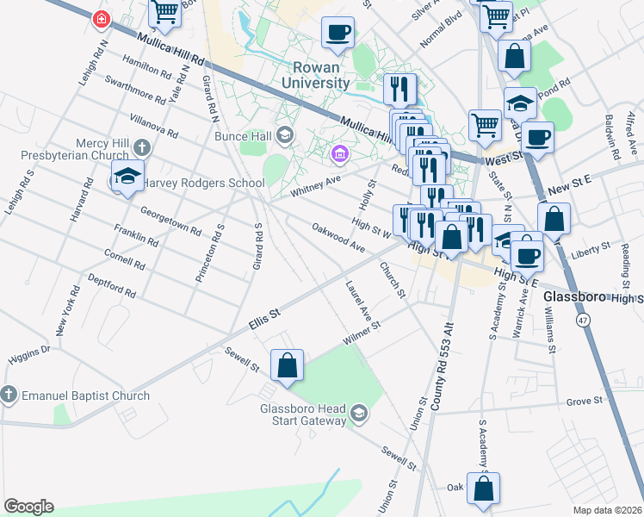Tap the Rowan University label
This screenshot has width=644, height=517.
[x=317, y=75]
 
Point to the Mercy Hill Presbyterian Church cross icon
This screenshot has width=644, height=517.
[x=141, y=147]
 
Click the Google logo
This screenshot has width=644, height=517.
[x=28, y=506]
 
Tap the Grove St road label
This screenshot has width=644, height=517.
[x=582, y=402]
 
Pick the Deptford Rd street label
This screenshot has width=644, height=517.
[x=112, y=287]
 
